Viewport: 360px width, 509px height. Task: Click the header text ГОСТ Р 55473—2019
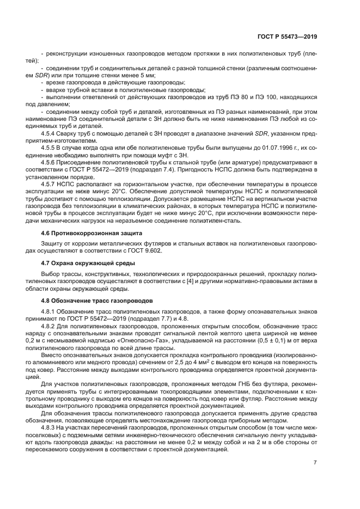pyautogui.click(x=287, y=36)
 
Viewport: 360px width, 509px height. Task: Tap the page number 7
pyautogui.click(x=315, y=463)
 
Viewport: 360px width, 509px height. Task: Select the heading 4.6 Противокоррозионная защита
pyautogui.click(x=91, y=232)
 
